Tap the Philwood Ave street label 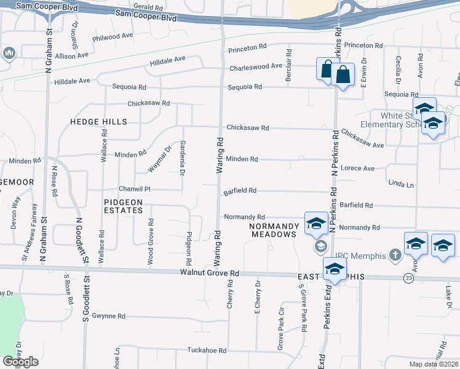click(113, 37)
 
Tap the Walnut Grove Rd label click(209, 272)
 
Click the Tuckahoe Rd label click(207, 350)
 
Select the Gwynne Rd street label click(109, 316)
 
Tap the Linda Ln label click(401, 184)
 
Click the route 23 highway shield click(409, 278)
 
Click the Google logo click(20, 361)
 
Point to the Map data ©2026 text click(434, 364)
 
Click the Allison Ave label click(73, 55)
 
